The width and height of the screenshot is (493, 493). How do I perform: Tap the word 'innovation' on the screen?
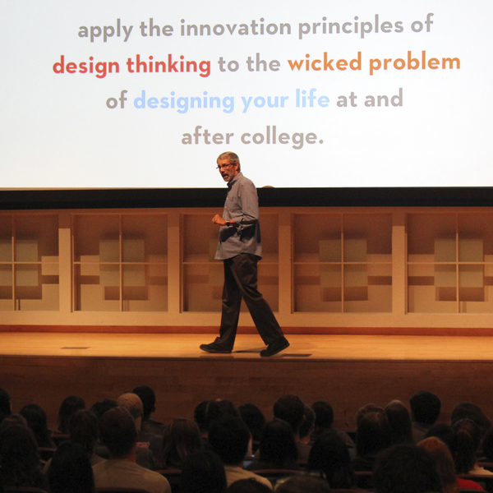pos(236,28)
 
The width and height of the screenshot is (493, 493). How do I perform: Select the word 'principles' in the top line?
pos(351,27)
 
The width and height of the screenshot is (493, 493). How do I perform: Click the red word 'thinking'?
pos(168,66)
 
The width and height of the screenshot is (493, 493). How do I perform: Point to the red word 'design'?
pos(86,67)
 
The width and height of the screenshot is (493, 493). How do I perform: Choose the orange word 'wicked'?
pos(325,62)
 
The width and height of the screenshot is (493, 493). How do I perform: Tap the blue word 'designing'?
pos(184,101)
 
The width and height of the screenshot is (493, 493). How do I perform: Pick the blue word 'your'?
pos(265,101)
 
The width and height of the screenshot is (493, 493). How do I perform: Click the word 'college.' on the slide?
pos(282,137)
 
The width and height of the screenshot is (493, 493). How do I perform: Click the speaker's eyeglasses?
pos(225,165)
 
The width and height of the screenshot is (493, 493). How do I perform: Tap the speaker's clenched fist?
pos(217,219)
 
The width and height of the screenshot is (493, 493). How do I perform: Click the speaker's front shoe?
pos(215,348)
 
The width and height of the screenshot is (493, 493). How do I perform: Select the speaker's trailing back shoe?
pos(274,347)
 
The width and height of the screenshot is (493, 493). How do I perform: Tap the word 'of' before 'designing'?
pos(117,100)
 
